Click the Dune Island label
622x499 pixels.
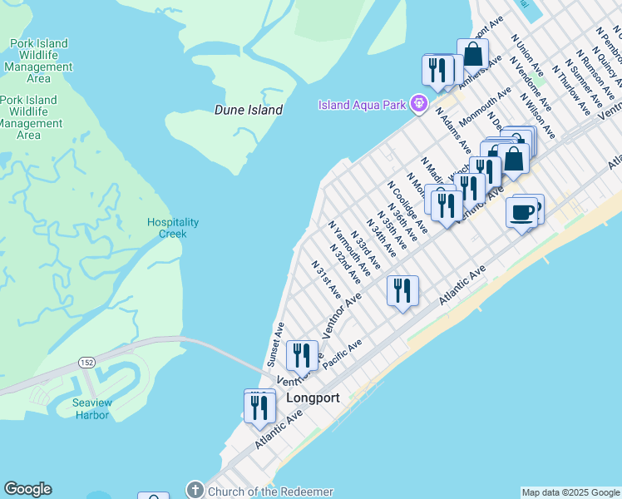248,110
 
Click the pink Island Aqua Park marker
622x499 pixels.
420,104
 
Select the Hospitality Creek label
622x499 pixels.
173,228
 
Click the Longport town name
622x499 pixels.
313,398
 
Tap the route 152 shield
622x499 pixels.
86,362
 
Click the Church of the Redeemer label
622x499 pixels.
270,492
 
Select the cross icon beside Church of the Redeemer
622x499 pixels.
195,491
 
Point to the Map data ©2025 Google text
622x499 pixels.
570,492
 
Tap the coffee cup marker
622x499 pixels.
521,213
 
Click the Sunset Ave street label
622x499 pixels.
274,344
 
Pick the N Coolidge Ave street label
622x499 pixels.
407,208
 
